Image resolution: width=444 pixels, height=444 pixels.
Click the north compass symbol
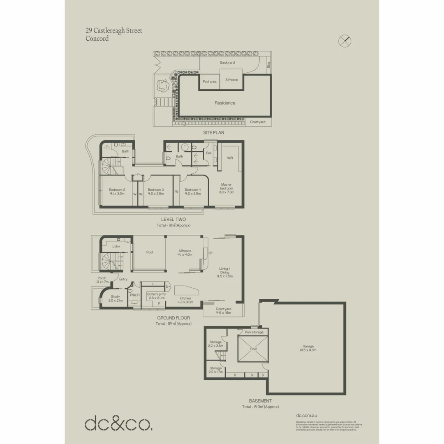[345, 40]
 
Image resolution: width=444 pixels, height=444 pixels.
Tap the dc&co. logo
[118, 424]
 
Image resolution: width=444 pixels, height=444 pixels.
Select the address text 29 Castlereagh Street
[114, 31]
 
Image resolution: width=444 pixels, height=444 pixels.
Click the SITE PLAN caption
[213, 133]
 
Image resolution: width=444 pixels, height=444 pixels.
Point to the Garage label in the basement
[308, 346]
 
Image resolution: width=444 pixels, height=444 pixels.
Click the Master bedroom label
[227, 187]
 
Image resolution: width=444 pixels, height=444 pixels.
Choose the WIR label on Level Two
[230, 158]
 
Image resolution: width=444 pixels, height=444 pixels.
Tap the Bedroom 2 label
[117, 190]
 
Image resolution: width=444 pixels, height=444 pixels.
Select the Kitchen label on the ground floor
[185, 298]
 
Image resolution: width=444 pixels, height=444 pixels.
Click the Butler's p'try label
[156, 294]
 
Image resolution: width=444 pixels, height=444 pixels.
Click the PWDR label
[134, 295]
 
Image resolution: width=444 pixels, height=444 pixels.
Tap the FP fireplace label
[210, 253]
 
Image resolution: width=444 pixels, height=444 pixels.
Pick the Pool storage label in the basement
[254, 332]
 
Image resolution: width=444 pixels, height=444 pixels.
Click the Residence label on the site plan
[225, 103]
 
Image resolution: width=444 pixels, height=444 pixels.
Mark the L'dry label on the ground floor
[116, 247]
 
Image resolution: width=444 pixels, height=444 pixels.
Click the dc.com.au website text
[306, 416]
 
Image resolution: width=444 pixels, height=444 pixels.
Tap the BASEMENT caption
[260, 401]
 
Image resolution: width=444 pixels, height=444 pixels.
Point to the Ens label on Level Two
[208, 153]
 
